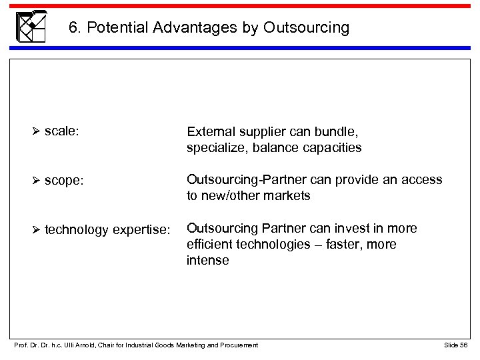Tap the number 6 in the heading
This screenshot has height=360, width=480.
click(x=73, y=28)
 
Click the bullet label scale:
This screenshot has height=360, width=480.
click(x=63, y=132)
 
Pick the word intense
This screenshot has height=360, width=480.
click(x=207, y=261)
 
